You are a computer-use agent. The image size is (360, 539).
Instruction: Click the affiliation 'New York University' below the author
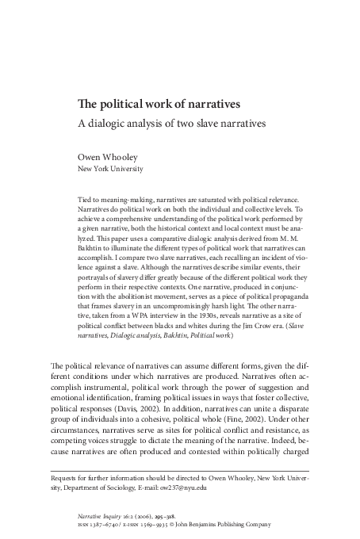pyautogui.click(x=109, y=169)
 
